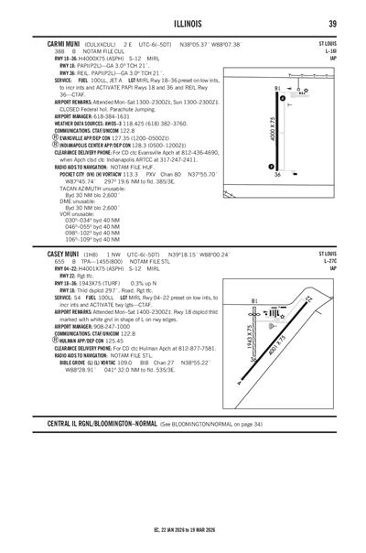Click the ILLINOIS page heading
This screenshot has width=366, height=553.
click(x=183, y=23)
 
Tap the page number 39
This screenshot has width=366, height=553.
click(x=334, y=23)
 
